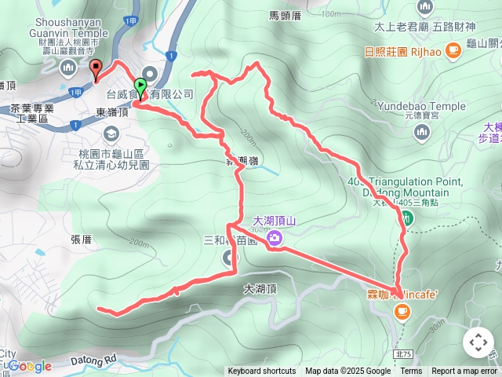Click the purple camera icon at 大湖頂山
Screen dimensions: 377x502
coord(275,238)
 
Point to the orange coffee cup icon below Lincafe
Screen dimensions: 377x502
coord(402,313)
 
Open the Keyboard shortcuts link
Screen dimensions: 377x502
coord(262,372)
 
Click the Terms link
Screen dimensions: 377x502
coord(411,372)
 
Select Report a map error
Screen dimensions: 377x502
coord(464,372)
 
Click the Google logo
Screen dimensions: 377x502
coord(29,366)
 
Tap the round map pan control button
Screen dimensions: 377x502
coord(478,342)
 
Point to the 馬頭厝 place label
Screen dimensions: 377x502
coord(286,15)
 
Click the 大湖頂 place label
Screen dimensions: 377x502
coord(260,289)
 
